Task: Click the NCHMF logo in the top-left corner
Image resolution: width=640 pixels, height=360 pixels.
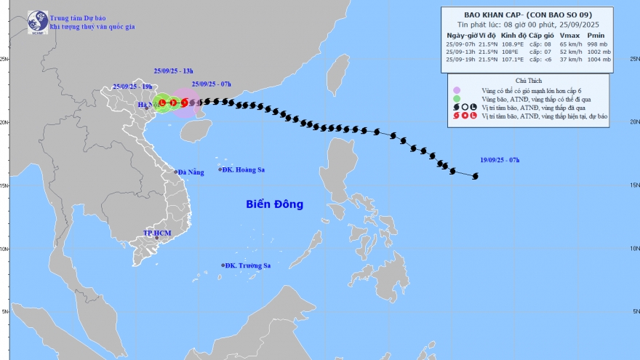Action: [37, 22]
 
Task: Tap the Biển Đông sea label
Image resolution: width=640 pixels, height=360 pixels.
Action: [274, 204]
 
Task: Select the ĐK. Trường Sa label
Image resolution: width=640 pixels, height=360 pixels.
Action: [247, 265]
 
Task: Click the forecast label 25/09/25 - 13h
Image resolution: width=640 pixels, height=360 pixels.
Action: [173, 71]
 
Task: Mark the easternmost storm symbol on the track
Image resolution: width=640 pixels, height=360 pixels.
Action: [476, 176]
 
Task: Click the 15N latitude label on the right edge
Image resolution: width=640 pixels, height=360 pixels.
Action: [633, 185]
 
